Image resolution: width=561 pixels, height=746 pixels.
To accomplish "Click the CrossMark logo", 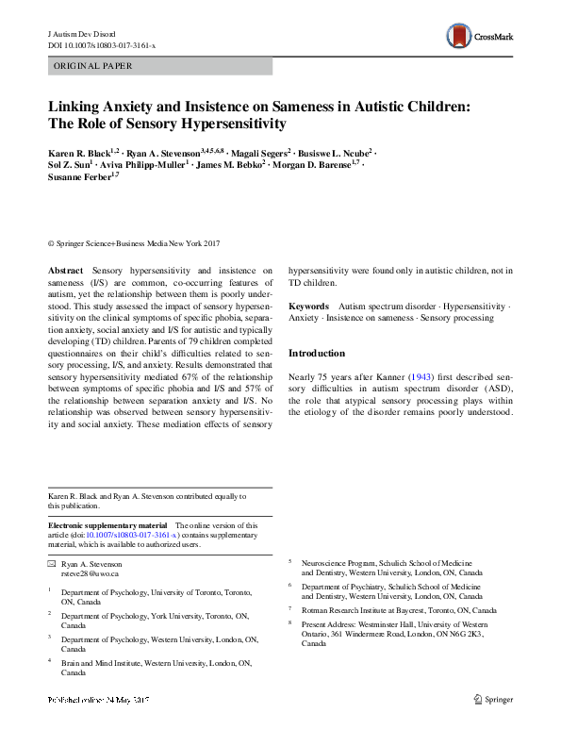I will (x=481, y=37).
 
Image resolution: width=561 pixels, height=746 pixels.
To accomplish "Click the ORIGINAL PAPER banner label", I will (x=93, y=66).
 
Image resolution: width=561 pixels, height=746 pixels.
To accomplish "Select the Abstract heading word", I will (x=64, y=271).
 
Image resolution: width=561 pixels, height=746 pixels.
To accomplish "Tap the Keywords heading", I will (x=308, y=307).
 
